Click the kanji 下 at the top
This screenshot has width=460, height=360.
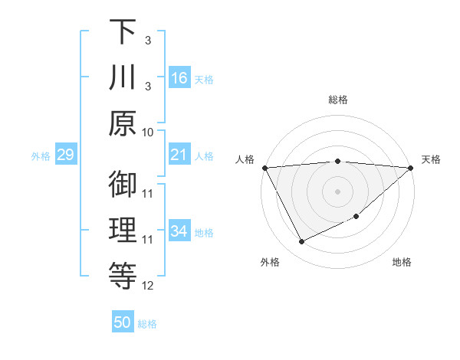point(123,33)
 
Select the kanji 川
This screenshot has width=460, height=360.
point(123,78)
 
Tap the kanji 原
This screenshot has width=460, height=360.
point(123,123)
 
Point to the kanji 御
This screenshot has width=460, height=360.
point(123,184)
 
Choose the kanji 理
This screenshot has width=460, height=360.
point(123,230)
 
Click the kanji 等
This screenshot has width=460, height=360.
point(123,274)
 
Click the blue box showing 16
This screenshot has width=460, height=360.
point(179,78)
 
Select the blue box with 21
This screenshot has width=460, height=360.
point(179,155)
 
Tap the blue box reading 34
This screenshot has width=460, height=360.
point(179,231)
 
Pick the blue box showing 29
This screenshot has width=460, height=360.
point(65,155)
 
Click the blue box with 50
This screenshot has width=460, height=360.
point(123,322)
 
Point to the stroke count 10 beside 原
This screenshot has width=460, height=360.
point(148,132)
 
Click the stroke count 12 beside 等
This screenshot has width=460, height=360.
point(148,286)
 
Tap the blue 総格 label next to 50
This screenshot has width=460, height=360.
point(147,324)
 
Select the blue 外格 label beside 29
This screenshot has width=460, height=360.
point(41,156)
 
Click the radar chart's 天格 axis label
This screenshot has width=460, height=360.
point(432,159)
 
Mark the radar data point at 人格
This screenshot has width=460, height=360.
point(264,167)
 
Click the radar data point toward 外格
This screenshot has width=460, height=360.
point(301,242)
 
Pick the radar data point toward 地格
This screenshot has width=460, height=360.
point(356,217)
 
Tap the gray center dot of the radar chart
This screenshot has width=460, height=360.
point(337,191)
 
